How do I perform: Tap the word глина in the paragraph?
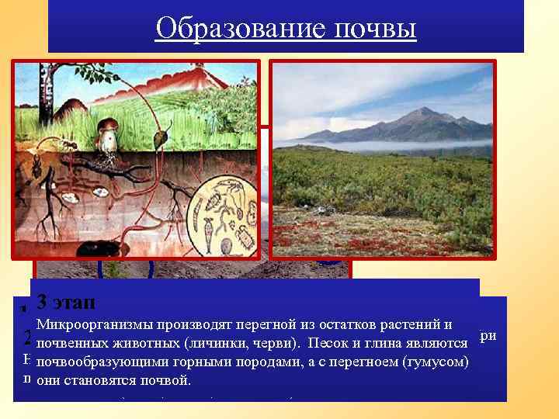tap(381, 343)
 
